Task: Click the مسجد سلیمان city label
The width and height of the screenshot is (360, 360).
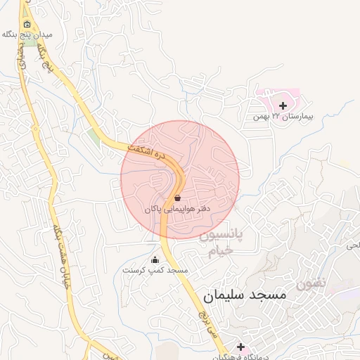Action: (245, 295)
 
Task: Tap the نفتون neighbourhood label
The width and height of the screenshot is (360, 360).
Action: (311, 284)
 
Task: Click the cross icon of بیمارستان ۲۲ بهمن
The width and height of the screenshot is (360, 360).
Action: (283, 105)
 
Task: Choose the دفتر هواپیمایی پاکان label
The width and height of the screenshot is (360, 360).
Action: (177, 210)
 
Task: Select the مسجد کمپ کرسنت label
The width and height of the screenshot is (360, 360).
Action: (155, 271)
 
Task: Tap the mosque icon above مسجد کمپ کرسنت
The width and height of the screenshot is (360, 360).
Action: (155, 260)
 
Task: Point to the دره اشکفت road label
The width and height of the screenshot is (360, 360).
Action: (150, 153)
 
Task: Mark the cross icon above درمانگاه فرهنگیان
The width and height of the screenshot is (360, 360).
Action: (240, 347)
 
